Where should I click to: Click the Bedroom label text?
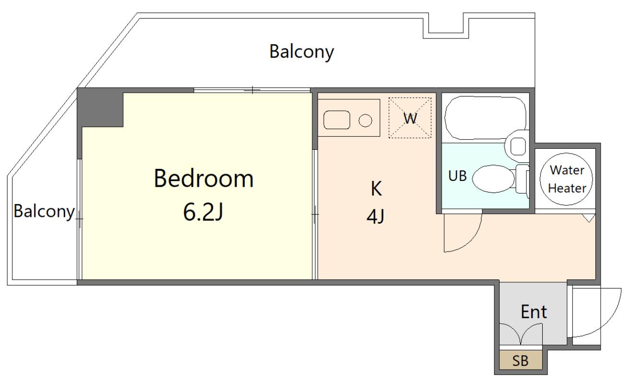click(x=204, y=179)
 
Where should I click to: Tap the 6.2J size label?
click(x=203, y=212)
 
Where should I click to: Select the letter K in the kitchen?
click(x=376, y=189)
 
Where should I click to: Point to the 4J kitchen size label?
click(x=376, y=217)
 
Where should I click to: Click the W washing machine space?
click(x=410, y=118)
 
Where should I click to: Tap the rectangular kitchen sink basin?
click(x=337, y=120)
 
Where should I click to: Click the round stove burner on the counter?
click(x=365, y=121)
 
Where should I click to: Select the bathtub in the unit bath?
click(x=485, y=118)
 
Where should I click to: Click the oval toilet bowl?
click(x=493, y=179)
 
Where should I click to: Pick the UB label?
click(x=457, y=176)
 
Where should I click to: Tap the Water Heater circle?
click(x=566, y=179)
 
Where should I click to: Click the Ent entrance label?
click(x=534, y=312)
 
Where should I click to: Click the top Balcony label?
click(x=302, y=52)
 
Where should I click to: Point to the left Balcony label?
click(x=44, y=211)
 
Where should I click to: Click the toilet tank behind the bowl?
click(x=522, y=179)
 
